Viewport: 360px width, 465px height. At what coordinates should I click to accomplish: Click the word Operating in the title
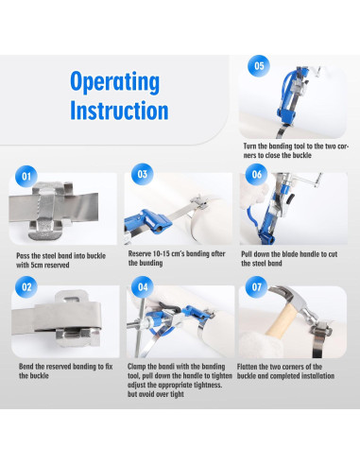coord(114,82)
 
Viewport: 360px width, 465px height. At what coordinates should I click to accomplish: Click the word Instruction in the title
coord(119,111)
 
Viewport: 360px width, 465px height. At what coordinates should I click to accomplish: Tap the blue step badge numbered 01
coord(26,176)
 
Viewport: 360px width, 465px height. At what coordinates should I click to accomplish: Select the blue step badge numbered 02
coord(26,287)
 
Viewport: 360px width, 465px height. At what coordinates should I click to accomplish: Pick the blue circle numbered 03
coord(143,174)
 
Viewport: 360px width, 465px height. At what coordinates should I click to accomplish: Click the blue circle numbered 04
coord(143,287)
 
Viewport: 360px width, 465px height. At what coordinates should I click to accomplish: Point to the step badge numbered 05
coord(259,66)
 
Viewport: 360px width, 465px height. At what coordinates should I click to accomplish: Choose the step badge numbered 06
coord(257,174)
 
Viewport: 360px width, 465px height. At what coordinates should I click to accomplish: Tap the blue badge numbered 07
coord(257,287)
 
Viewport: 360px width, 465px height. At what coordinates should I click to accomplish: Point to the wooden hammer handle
coord(282,320)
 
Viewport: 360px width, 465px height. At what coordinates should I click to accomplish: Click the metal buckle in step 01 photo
coord(52,211)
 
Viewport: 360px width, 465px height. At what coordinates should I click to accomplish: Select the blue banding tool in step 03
coord(147,221)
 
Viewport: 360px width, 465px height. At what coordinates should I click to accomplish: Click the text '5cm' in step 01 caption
coord(39,265)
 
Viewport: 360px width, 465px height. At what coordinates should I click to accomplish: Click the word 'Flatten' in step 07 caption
coord(247,367)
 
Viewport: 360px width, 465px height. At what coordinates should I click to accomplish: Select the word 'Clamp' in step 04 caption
coord(136,367)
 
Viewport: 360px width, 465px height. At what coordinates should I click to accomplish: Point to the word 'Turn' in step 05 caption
coord(250,146)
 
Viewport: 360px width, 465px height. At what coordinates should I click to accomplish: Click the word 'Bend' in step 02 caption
coord(26,367)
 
